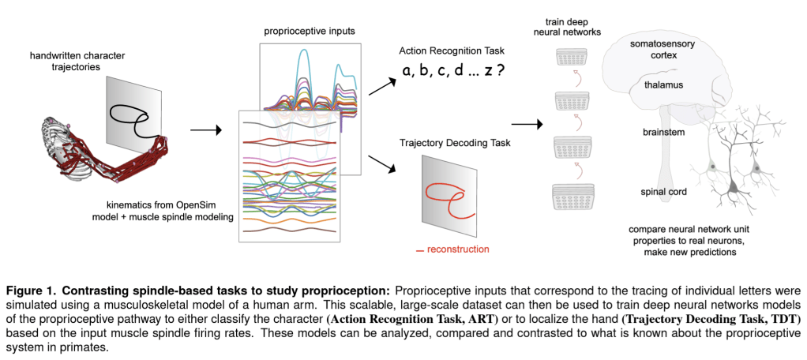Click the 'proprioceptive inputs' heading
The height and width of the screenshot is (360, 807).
tap(310, 30)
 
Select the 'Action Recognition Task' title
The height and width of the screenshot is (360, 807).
tap(450, 51)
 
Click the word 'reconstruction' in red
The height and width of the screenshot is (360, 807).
tap(457, 249)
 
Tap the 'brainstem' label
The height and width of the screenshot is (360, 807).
tap(662, 133)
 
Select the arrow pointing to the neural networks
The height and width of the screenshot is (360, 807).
tap(526, 123)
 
